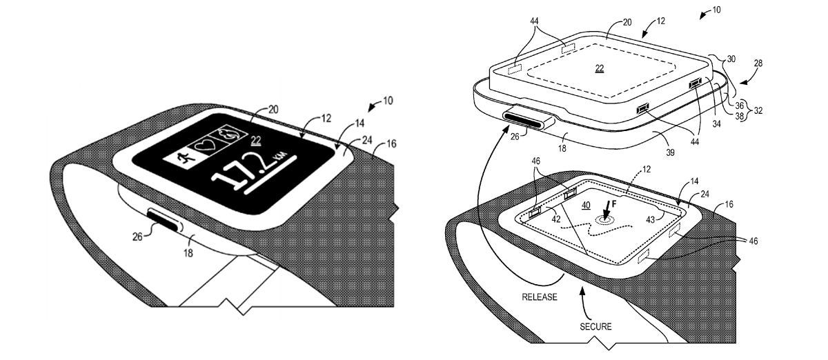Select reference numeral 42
pyautogui.click(x=557, y=221)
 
